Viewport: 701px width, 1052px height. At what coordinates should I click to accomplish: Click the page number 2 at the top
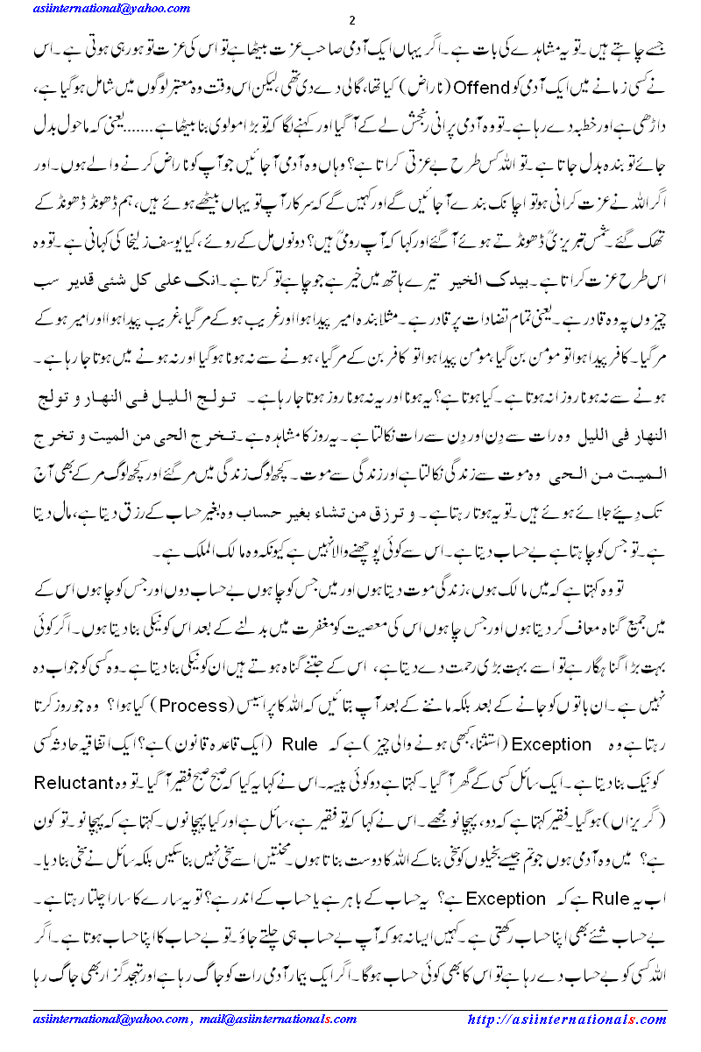pos(351,20)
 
